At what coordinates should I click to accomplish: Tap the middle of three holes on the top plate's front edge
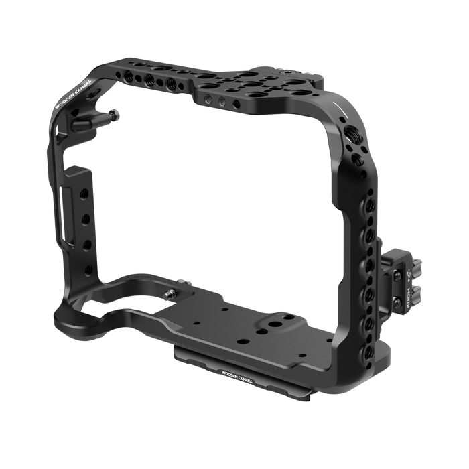click(212, 100)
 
